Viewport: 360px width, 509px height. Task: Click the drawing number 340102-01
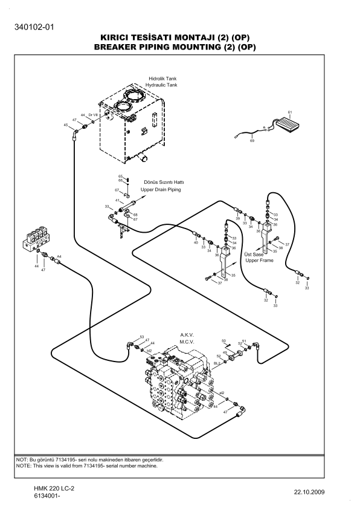(34, 27)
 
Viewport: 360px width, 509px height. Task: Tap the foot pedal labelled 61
(288, 124)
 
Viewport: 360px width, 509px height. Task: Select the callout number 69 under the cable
(252, 141)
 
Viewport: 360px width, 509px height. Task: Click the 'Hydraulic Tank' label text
(161, 85)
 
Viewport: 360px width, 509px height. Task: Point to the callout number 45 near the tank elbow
(66, 125)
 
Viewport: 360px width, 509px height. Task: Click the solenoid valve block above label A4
(37, 239)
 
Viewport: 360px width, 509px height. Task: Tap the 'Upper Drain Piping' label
(161, 190)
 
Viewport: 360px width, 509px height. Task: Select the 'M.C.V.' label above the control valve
(187, 342)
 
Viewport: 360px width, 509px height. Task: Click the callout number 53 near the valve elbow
(142, 337)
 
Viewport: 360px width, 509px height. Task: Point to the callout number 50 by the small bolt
(223, 340)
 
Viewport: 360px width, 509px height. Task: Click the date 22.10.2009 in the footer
(309, 492)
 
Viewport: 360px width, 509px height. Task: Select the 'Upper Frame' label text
(259, 261)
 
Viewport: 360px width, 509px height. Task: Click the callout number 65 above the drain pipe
(120, 177)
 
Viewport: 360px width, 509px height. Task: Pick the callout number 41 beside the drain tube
(117, 201)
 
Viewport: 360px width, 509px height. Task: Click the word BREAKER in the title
(115, 47)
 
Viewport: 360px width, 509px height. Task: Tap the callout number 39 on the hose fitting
(238, 218)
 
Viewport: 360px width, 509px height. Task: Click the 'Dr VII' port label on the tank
(93, 115)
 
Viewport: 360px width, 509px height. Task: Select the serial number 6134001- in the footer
(47, 496)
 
